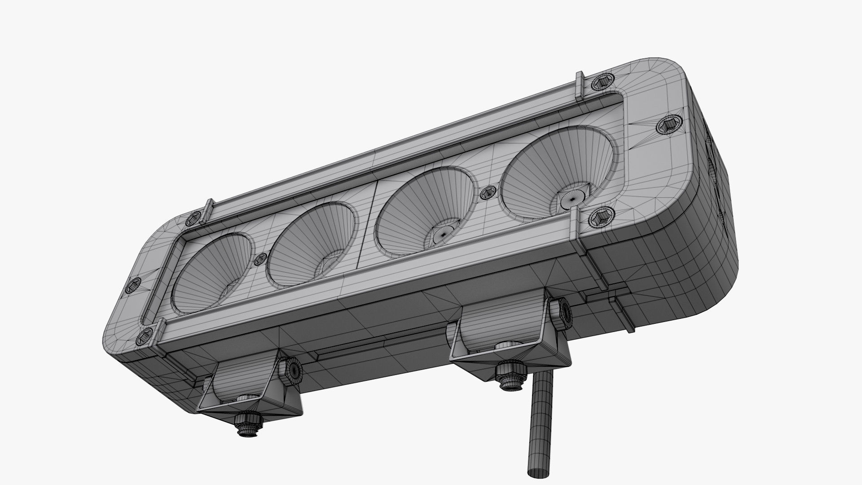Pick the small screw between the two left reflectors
click(x=260, y=259)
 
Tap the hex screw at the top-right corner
click(x=601, y=83)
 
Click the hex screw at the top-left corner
click(x=193, y=219)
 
